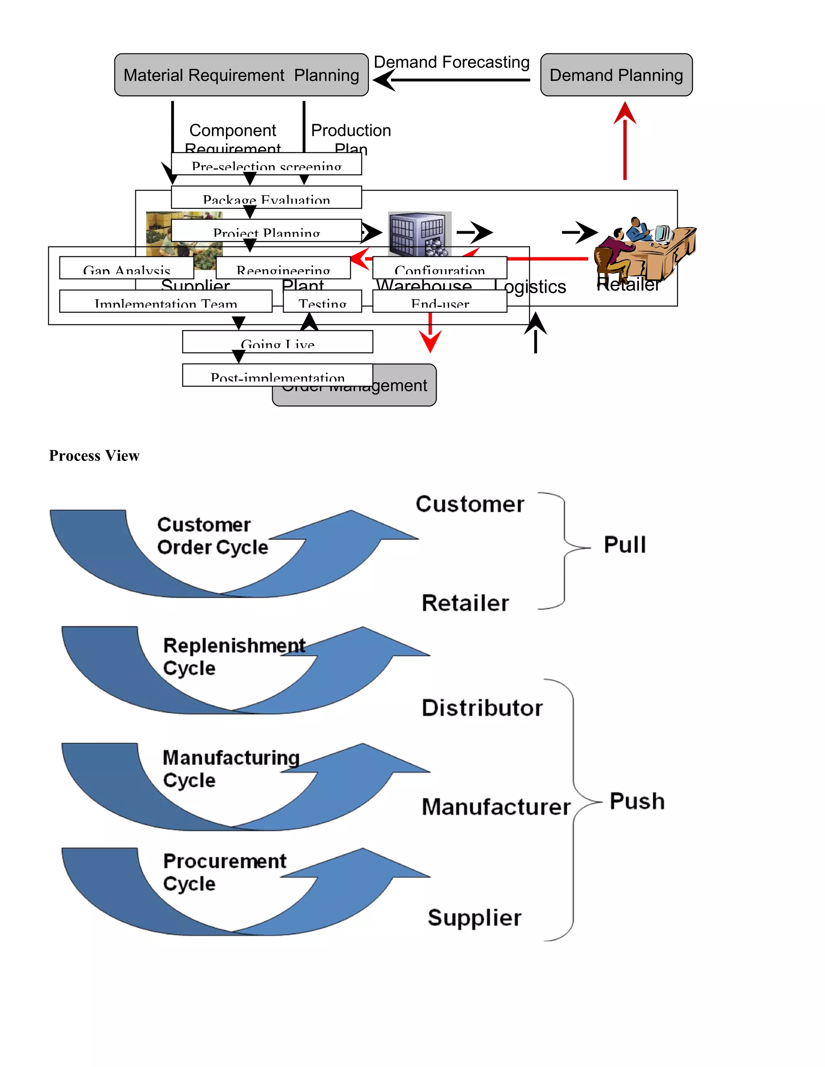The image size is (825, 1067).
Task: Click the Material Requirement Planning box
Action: coord(241,75)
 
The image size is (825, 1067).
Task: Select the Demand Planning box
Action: coord(616,75)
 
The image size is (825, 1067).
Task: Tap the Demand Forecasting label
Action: coord(451,62)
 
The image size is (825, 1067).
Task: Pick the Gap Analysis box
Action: coord(126,268)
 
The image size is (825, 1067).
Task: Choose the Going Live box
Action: coord(277,342)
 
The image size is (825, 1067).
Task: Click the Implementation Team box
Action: coord(166,302)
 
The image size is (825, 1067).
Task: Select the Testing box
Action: coord(323,302)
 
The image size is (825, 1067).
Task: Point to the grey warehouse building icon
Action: coord(419,233)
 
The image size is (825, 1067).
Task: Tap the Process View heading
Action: coord(94,455)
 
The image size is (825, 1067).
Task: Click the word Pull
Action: coord(625,545)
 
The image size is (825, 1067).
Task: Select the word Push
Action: coord(637,801)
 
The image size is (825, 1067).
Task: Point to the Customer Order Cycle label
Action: coord(212,536)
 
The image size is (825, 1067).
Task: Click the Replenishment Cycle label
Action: coord(234,656)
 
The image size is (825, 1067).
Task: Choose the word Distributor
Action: coord(482,708)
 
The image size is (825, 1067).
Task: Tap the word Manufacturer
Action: coord(495,806)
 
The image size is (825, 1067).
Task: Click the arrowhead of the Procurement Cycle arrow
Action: coord(381,868)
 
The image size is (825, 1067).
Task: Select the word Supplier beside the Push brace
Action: coord(474,918)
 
